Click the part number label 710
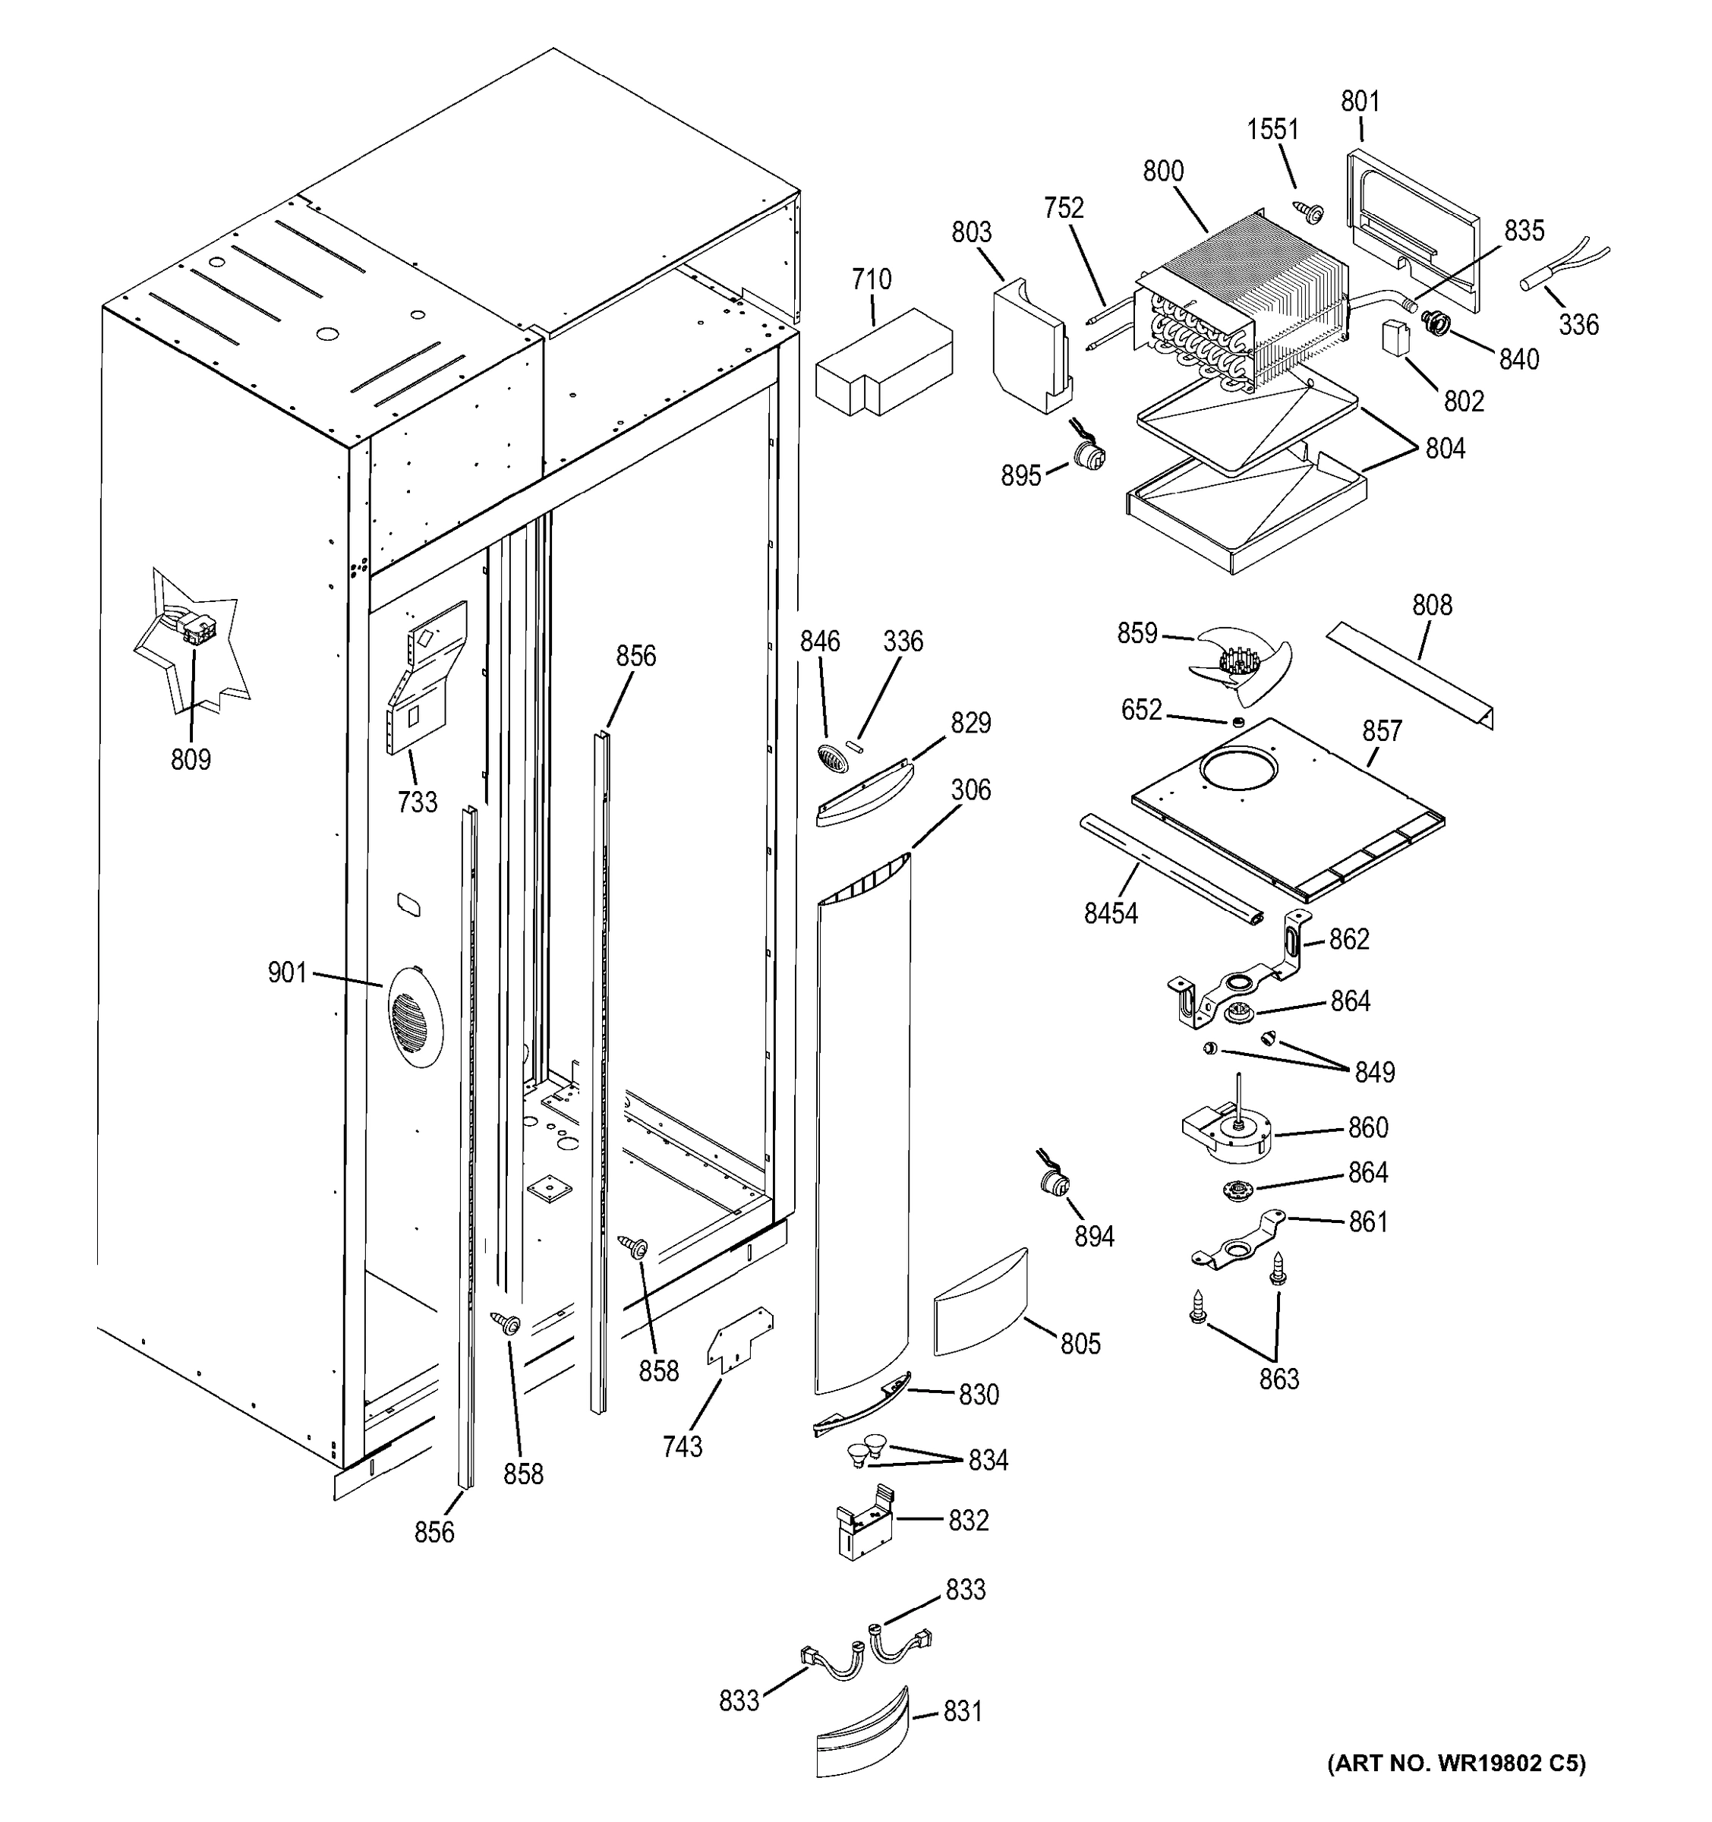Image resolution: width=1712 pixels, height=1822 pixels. [871, 279]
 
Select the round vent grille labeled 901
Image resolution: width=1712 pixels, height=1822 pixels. [415, 1017]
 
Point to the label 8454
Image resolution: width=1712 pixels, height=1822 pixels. [1110, 914]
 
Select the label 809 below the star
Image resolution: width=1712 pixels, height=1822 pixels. [191, 760]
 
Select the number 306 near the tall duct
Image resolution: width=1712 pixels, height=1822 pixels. [970, 790]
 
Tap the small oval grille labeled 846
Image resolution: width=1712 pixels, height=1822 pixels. [829, 757]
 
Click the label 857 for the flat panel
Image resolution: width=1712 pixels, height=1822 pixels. [1381, 730]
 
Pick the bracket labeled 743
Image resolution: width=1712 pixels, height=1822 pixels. [739, 1340]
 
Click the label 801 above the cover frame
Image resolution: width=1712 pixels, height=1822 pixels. [1360, 102]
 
